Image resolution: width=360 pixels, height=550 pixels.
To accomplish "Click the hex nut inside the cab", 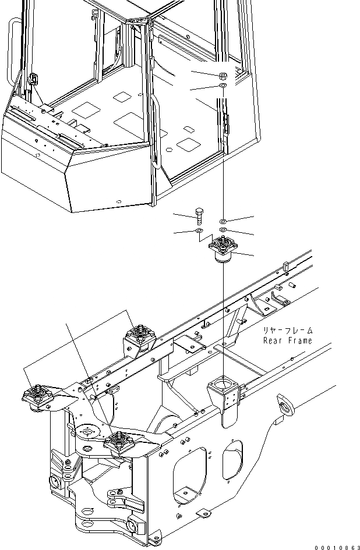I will [224, 76].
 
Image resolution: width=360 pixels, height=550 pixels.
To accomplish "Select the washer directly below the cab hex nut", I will [224, 87].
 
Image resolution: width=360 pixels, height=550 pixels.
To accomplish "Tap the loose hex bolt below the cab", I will [199, 216].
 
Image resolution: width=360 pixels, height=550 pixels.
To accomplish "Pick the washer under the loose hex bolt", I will [199, 232].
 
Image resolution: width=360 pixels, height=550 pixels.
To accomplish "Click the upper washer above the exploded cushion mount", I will [224, 222].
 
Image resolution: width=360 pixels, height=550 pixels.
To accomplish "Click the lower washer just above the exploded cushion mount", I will [224, 231].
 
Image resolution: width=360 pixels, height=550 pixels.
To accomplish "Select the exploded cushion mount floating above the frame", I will [224, 250].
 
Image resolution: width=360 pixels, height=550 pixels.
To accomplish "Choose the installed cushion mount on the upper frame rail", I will [140, 336].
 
